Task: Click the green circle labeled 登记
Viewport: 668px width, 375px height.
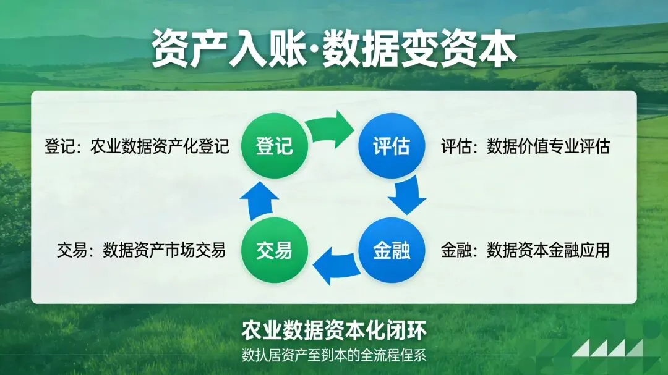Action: [274, 146]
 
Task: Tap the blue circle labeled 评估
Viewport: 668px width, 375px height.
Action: [392, 146]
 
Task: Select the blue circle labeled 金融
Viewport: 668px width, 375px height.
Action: [392, 251]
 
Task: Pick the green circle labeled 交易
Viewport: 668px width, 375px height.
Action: [274, 251]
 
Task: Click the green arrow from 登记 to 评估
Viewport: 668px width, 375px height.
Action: [333, 128]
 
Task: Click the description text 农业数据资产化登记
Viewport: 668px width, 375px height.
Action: [160, 146]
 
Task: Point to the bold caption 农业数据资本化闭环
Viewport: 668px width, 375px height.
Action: [334, 331]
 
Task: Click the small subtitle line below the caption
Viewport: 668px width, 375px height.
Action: [334, 356]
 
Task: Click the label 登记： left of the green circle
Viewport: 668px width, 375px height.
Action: [64, 146]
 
